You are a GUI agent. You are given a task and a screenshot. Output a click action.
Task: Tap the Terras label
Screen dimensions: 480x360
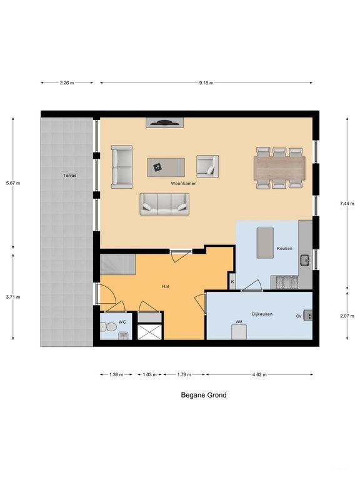point(69,176)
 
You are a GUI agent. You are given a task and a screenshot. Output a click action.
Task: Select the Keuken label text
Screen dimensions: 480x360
point(285,249)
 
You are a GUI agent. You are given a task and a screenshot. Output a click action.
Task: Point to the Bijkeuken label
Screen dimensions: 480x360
point(262,314)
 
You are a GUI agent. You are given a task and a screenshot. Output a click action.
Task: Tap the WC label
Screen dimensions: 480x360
point(122,322)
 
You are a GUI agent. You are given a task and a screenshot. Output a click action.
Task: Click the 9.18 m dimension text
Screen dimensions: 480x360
point(206,82)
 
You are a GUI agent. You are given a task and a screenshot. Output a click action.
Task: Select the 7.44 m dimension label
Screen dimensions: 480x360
point(348,203)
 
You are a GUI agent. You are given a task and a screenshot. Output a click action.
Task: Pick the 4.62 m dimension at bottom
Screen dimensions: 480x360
point(259,374)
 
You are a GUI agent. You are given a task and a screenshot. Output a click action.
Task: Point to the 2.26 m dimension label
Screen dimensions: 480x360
point(67,82)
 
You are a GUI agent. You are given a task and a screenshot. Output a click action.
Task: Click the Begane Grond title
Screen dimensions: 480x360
point(204,395)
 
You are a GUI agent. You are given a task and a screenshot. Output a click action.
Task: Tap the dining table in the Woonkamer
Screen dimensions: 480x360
point(279,167)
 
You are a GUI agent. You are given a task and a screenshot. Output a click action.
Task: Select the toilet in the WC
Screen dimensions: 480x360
point(109,326)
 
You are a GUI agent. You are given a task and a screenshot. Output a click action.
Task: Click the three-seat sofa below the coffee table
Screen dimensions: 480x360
point(164,203)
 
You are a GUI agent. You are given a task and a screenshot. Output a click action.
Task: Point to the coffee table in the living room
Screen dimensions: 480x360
point(166,166)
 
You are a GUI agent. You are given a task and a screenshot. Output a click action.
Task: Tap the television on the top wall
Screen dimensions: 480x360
point(164,122)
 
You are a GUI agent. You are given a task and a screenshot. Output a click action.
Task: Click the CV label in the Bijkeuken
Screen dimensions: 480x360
point(299,316)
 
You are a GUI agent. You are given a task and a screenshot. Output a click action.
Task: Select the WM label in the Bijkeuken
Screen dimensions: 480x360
point(239,322)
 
